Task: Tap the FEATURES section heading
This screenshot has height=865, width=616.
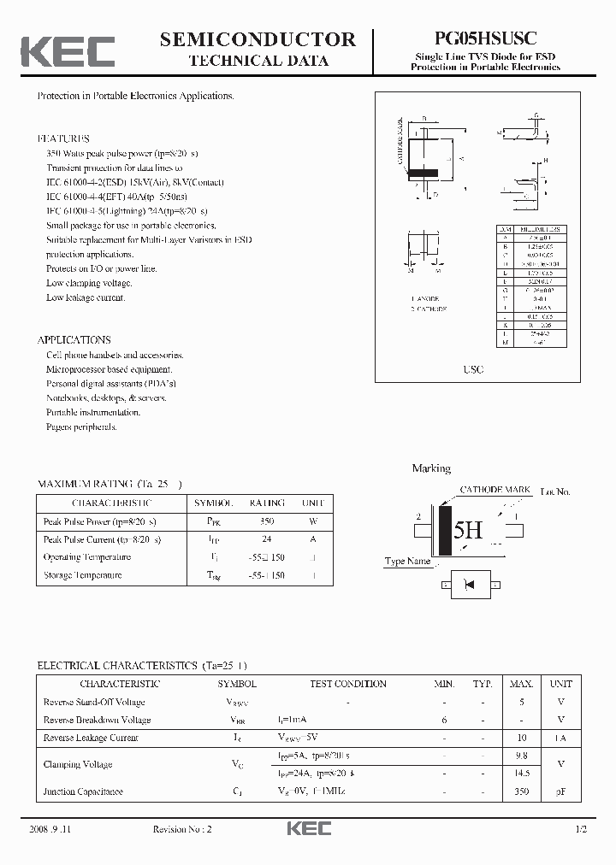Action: (63, 138)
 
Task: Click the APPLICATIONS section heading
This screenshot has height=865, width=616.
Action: (74, 339)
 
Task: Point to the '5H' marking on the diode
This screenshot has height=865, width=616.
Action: (468, 531)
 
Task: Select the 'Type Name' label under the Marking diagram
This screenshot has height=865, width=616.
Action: (407, 562)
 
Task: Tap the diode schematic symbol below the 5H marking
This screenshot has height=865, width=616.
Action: (468, 585)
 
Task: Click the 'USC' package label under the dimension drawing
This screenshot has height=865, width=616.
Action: (474, 369)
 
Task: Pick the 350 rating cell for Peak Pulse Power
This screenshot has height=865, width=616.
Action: (267, 521)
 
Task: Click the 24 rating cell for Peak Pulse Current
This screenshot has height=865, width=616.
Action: (267, 539)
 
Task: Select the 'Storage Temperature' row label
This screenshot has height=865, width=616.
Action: (82, 575)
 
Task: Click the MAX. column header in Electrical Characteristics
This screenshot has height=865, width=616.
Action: (521, 684)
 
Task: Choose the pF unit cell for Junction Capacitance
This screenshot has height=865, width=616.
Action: (560, 792)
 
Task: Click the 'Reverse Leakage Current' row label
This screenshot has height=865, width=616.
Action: (90, 738)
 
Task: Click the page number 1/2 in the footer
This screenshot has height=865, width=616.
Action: (582, 830)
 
